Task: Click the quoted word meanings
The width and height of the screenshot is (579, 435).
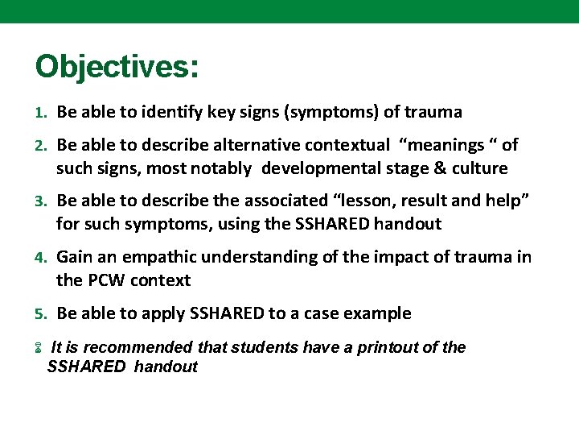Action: (446, 145)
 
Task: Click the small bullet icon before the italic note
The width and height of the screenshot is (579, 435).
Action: (38, 349)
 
